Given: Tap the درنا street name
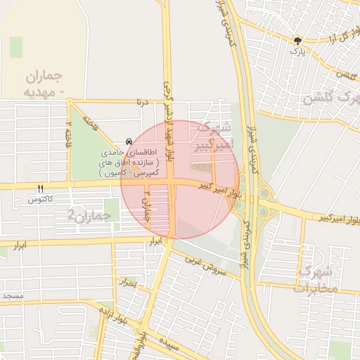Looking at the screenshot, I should [143, 103].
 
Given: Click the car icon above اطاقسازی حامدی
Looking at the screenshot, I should [127, 141].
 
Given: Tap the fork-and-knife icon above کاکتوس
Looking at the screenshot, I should [40, 188].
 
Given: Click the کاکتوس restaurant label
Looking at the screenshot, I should [41, 200].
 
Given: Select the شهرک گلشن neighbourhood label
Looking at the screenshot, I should [330, 97].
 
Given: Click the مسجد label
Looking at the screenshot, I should [12, 296].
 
